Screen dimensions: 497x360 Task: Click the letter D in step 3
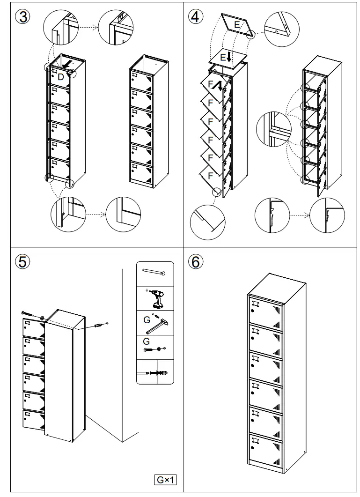[60, 76]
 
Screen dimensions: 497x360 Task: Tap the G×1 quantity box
[167, 479]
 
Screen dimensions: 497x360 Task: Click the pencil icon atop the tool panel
[154, 272]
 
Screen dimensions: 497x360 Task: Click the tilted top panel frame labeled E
[238, 26]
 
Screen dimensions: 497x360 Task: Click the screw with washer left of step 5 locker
[32, 315]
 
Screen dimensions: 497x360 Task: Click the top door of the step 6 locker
[265, 310]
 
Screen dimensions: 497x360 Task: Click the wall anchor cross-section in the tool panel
[154, 373]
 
